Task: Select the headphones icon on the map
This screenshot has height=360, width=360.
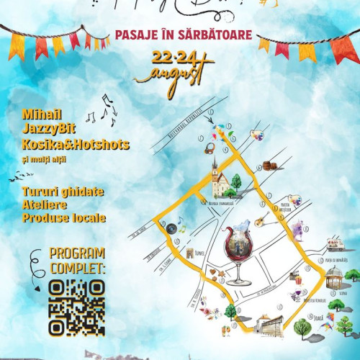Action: point(210,148)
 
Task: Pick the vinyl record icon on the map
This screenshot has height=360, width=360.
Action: point(172,228)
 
